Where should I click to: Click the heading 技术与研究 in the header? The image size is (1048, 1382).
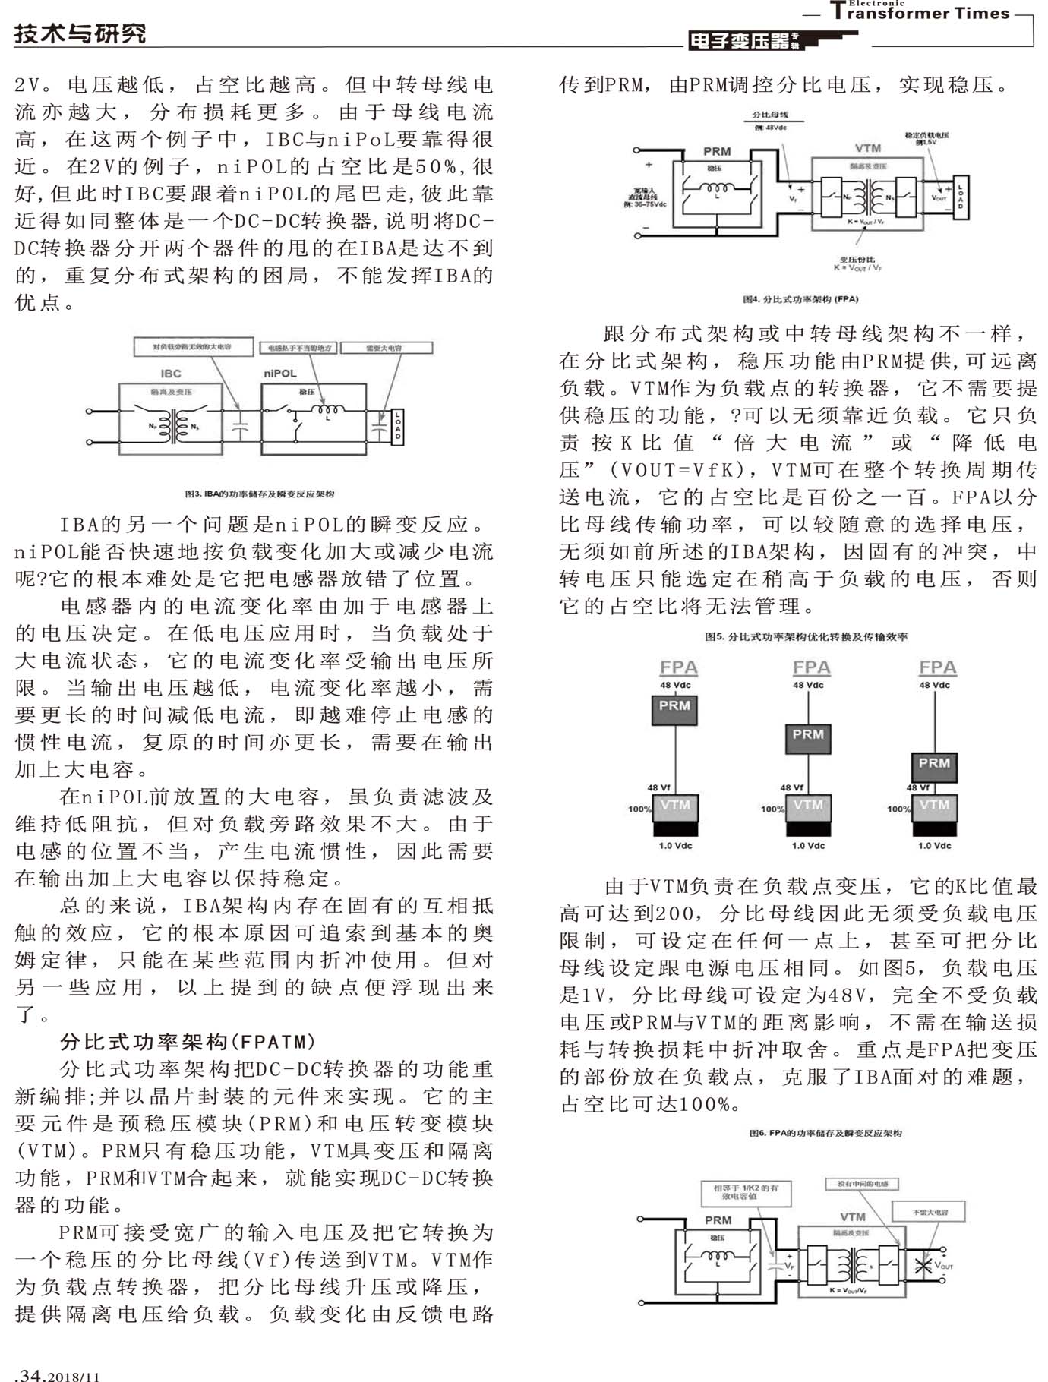pyautogui.click(x=80, y=33)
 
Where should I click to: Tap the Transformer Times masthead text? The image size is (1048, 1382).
pyautogui.click(x=920, y=13)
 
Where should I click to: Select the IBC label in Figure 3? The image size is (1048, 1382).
pyautogui.click(x=171, y=374)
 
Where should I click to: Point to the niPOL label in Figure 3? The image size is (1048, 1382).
pyautogui.click(x=280, y=374)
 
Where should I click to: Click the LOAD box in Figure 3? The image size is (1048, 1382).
pyautogui.click(x=397, y=427)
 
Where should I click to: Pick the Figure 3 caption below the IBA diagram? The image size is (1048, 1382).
pyautogui.click(x=260, y=494)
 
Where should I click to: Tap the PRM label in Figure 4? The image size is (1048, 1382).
pyautogui.click(x=717, y=151)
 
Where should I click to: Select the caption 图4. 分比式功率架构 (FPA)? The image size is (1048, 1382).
pyautogui.click(x=800, y=299)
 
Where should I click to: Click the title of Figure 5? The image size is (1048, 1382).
pyautogui.click(x=806, y=636)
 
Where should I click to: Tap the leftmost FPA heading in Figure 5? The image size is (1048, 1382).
pyautogui.click(x=678, y=667)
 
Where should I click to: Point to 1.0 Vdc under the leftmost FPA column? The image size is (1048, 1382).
pyautogui.click(x=675, y=845)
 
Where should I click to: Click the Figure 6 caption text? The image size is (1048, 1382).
pyautogui.click(x=825, y=1133)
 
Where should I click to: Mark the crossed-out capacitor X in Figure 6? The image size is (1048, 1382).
pyautogui.click(x=923, y=1265)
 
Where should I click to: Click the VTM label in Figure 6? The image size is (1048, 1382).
pyautogui.click(x=853, y=1216)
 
